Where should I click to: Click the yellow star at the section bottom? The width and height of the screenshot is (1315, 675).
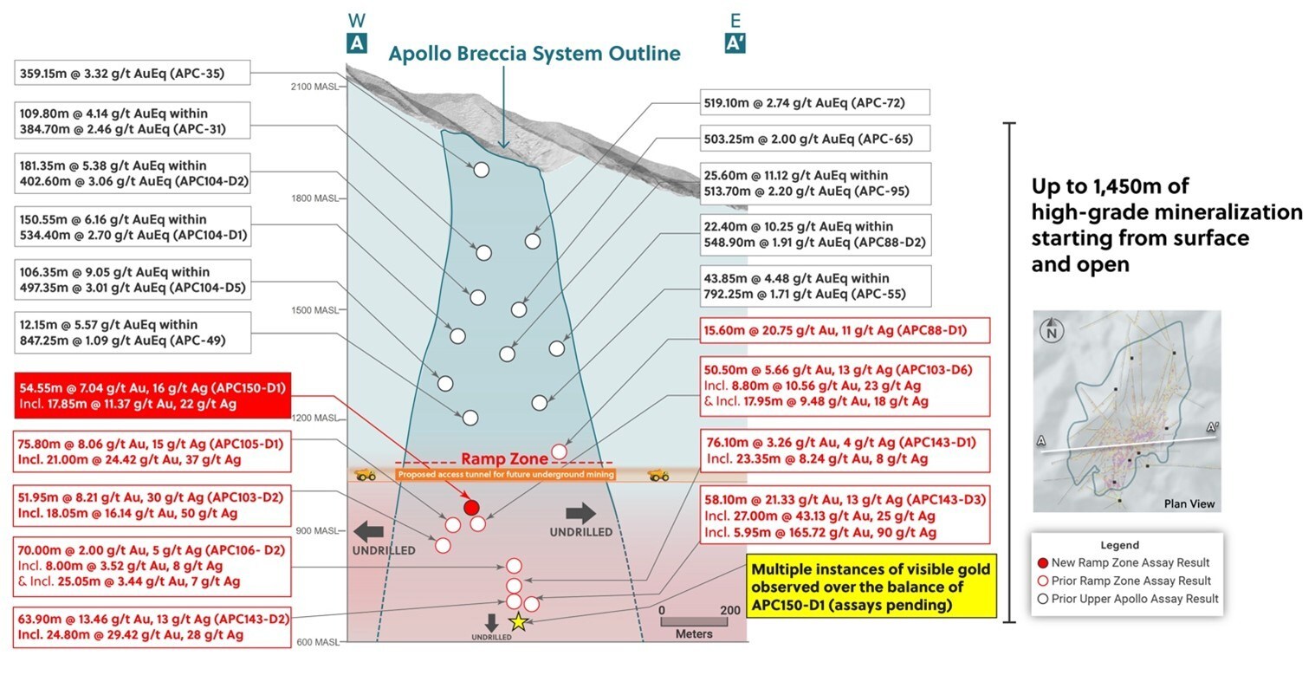(x=518, y=620)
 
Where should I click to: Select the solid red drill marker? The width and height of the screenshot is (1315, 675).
(x=471, y=507)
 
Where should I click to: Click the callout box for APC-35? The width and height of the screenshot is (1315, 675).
(x=133, y=74)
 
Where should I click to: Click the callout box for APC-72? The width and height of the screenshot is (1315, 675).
(x=814, y=102)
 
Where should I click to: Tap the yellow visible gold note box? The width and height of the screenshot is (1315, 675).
(x=872, y=588)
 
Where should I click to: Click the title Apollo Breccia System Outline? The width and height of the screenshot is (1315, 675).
(x=534, y=54)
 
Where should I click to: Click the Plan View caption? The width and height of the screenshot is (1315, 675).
(x=1189, y=503)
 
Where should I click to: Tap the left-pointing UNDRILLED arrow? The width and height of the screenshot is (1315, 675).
(x=366, y=529)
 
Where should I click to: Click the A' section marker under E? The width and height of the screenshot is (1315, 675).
(x=735, y=42)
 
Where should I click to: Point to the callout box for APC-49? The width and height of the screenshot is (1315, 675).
(x=133, y=333)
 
